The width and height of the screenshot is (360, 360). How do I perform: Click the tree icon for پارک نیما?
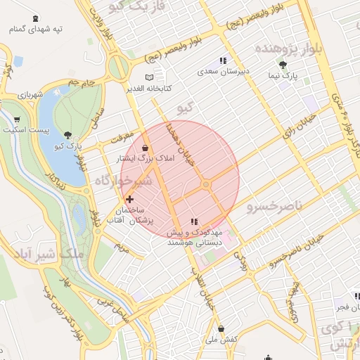(x=283, y=65)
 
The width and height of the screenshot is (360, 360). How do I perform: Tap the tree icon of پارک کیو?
(x=67, y=135)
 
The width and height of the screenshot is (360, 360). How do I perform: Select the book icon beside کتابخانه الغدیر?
(x=148, y=77)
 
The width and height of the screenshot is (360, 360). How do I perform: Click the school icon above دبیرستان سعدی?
(x=224, y=61)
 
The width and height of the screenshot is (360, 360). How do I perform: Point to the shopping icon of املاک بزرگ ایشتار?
(x=145, y=148)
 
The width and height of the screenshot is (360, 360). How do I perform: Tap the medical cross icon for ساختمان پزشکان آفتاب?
(x=129, y=200)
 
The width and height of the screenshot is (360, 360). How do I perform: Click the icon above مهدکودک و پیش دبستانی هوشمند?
(x=195, y=222)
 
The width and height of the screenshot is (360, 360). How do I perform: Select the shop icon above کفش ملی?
(x=221, y=329)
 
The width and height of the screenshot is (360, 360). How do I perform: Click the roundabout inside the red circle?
(x=206, y=184)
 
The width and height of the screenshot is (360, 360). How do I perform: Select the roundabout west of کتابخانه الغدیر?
(x=117, y=68)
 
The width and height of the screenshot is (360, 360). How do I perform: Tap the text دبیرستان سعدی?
(x=219, y=72)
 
